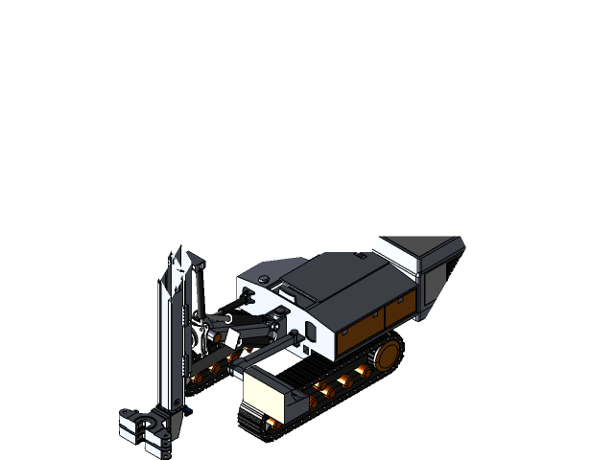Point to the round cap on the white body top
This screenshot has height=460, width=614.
pyautogui.click(x=262, y=280)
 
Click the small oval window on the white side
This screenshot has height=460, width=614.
pyautogui.click(x=310, y=331)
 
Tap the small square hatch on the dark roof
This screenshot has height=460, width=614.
pyautogui.click(x=361, y=255)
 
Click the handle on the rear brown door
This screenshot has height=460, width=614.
pyautogui.click(x=389, y=310)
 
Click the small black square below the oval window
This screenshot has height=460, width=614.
pyautogui.click(x=304, y=349)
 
